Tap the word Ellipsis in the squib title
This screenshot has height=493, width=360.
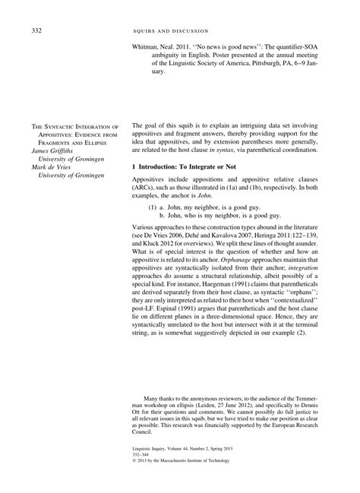coord(103,142)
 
